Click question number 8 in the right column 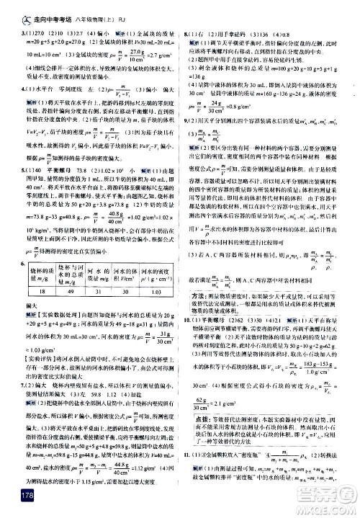pos(186,30)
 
